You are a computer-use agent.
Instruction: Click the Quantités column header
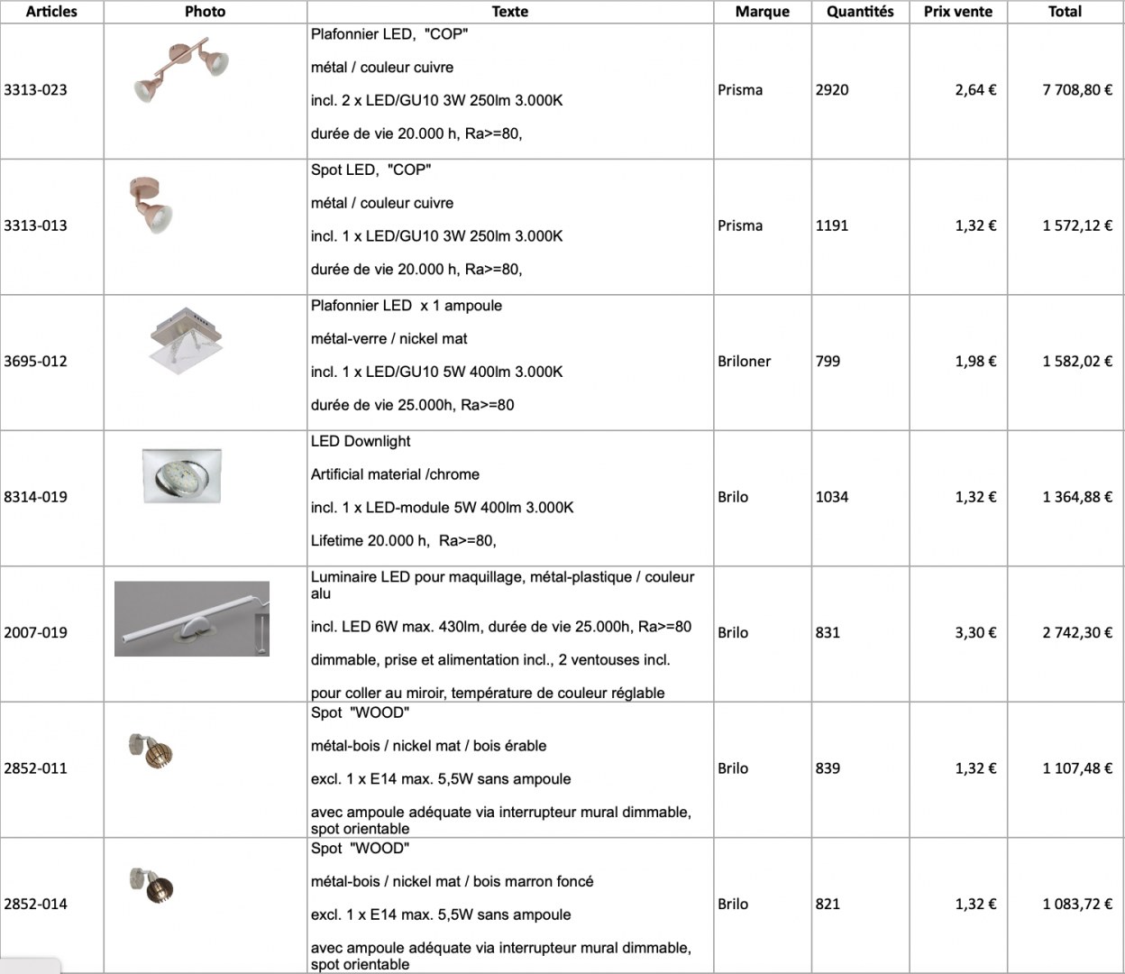point(860,12)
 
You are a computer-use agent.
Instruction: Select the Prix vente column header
point(957,12)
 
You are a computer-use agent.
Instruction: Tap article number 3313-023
point(35,90)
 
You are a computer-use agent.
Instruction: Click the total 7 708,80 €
point(1076,90)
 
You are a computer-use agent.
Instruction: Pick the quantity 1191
point(831,225)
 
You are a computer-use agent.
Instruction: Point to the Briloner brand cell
point(744,361)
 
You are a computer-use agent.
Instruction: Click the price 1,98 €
point(975,361)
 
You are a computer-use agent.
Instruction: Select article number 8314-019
point(35,497)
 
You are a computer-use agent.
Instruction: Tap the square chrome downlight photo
point(181,475)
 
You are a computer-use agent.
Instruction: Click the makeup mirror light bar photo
point(192,619)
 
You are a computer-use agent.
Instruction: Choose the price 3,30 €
point(975,632)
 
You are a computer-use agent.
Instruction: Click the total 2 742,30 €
point(1076,632)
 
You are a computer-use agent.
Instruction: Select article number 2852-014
point(35,904)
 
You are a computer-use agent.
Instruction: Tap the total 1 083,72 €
point(1076,904)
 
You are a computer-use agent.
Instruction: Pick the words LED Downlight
point(361,441)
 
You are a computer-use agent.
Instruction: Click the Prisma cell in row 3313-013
point(740,225)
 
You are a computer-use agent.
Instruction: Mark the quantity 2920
point(831,90)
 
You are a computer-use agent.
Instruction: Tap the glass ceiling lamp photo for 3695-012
point(187,339)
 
